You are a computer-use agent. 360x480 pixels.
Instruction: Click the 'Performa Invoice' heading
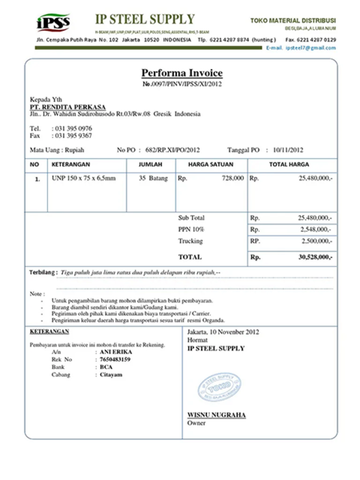(181, 73)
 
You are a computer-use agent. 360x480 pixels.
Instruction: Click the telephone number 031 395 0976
(73, 128)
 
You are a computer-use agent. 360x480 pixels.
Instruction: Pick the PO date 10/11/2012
(288, 150)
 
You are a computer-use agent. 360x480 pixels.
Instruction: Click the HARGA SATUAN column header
(210, 164)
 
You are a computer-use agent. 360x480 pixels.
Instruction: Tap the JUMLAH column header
(151, 164)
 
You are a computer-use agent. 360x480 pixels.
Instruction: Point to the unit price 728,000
(232, 178)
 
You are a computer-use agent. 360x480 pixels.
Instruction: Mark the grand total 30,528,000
(314, 257)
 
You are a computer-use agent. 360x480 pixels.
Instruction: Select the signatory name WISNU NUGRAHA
(216, 415)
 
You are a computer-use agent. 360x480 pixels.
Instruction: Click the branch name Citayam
(111, 374)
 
